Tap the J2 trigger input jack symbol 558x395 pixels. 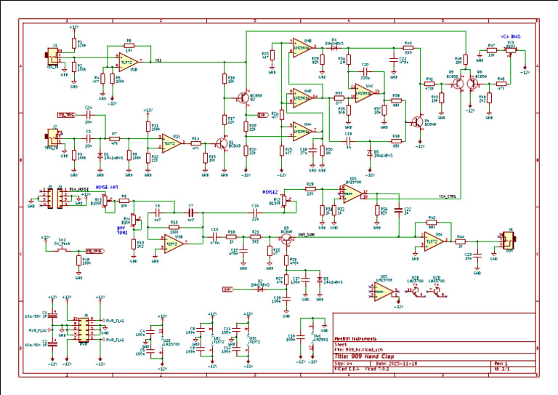53,136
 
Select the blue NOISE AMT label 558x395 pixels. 108,187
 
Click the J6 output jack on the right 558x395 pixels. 506,240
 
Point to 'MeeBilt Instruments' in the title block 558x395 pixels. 356,338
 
